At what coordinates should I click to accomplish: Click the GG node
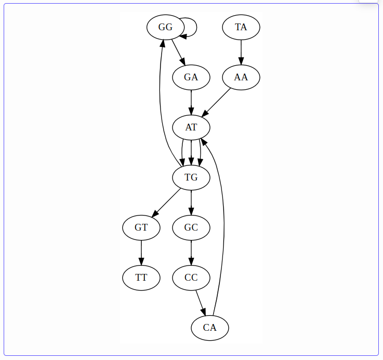pos(165,27)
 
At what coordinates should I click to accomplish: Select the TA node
pos(241,27)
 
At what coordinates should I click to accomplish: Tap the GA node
pos(191,77)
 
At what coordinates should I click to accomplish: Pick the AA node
pos(241,77)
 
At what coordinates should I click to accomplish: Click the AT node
pos(191,127)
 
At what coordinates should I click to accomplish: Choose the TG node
pos(191,177)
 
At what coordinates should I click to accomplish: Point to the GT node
pos(141,227)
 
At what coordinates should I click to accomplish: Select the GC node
pos(191,227)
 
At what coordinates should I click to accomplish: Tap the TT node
pos(141,278)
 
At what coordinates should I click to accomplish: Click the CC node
pos(191,278)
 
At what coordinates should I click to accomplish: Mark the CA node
pos(209,328)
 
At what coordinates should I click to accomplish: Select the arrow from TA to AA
pos(241,52)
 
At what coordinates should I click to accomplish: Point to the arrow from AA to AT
pos(217,102)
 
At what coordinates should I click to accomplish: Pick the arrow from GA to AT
pos(191,102)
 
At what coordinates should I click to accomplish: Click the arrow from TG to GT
pos(166,202)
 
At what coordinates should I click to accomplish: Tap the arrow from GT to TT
pos(141,253)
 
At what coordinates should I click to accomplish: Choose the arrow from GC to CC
pos(191,253)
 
